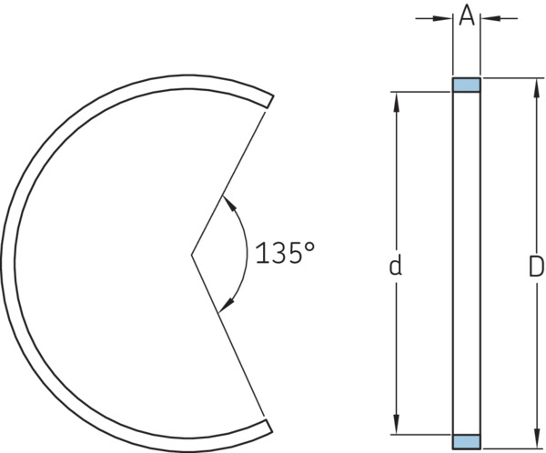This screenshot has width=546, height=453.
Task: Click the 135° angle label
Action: pos(285,253)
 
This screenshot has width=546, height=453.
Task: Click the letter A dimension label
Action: pos(467,16)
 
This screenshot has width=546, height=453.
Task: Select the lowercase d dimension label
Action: pos(395,265)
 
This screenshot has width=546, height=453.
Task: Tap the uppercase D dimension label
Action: pos(536,267)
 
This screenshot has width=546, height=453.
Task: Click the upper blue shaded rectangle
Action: pos(467,85)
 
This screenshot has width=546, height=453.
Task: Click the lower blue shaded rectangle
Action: pos(467,441)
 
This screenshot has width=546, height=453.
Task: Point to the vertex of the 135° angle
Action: pos(191,256)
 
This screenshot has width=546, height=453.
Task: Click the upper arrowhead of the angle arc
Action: pos(229,203)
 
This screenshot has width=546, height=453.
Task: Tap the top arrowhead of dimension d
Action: pos(396,102)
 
